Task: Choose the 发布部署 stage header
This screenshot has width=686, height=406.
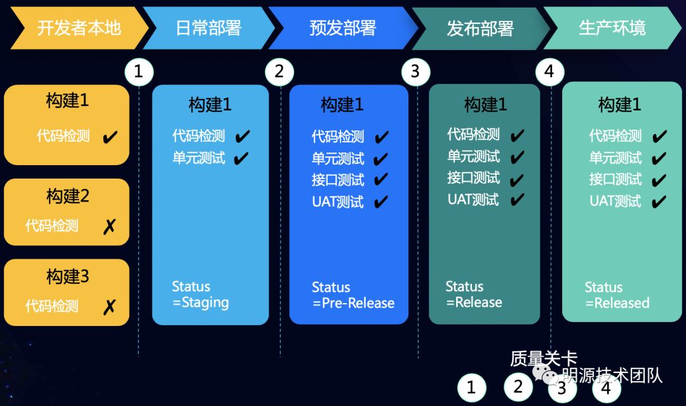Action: coord(480,29)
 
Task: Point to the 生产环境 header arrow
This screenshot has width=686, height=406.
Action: coord(612,28)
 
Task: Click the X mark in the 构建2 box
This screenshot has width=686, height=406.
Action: coord(109,226)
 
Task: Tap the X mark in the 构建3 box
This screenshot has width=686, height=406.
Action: coord(109,307)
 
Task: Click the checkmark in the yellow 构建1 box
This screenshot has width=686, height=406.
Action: coord(110,136)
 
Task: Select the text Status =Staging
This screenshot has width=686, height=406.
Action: coord(200,294)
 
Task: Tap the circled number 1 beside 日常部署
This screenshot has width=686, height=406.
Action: coord(139,72)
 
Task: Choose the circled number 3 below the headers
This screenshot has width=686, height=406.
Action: coord(415,72)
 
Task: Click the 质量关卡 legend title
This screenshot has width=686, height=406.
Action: coord(543,359)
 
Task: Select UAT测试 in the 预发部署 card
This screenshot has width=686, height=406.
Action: coord(337,202)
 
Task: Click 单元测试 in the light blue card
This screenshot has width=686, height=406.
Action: coord(199,158)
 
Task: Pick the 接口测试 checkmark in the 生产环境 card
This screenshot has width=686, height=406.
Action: coord(659,180)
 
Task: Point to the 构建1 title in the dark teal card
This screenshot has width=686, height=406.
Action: coord(485,105)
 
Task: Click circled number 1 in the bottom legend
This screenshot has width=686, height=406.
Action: coord(471,388)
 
